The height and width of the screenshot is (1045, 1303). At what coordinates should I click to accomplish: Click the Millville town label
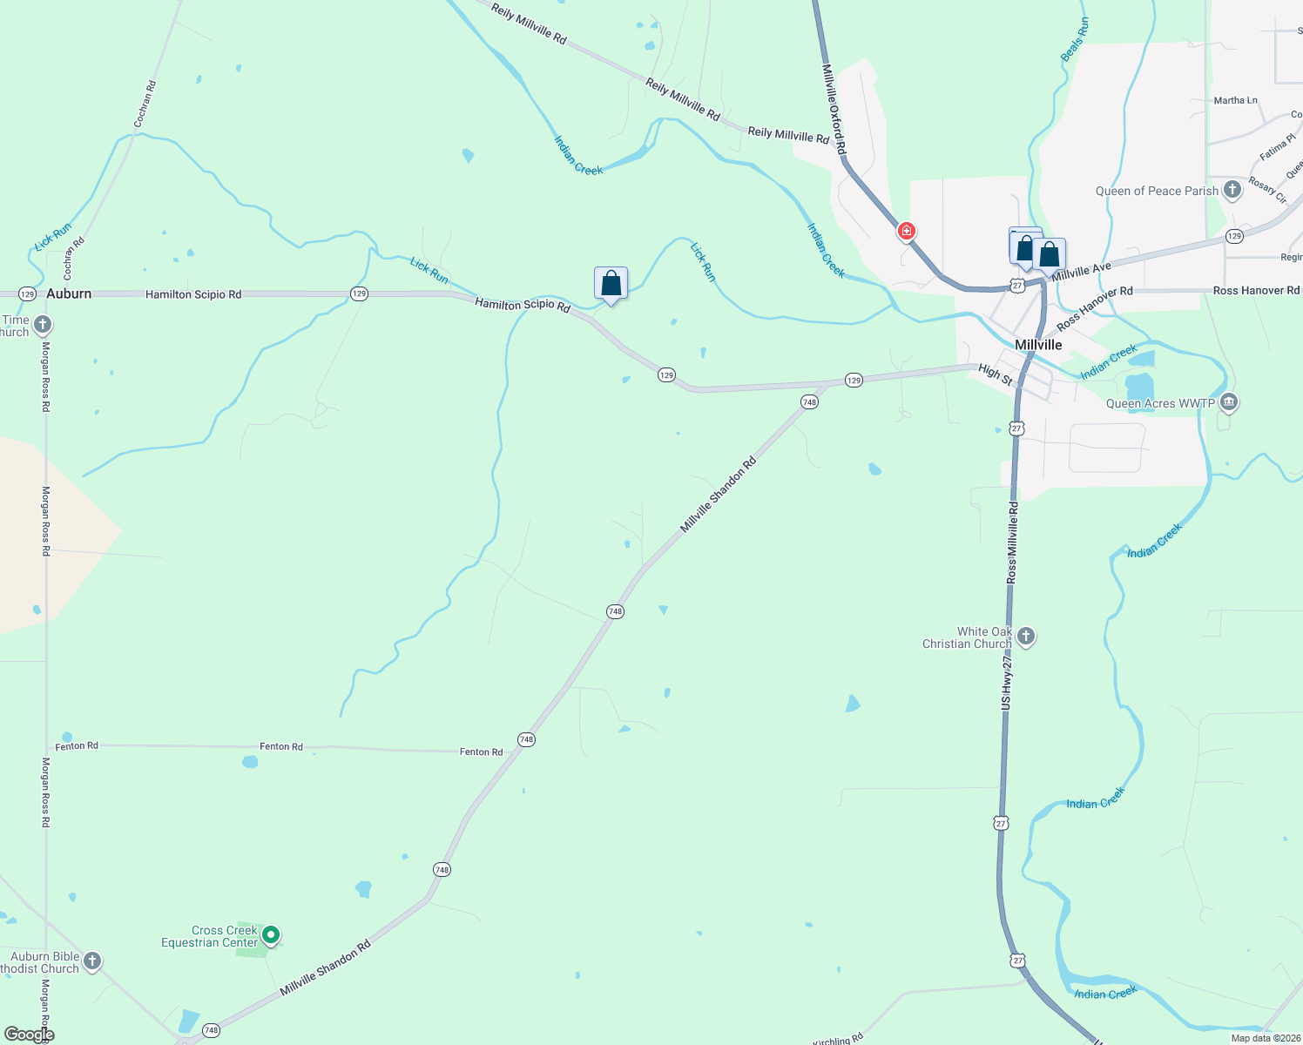1038,345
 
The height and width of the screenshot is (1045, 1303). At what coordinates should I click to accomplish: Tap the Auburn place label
69,293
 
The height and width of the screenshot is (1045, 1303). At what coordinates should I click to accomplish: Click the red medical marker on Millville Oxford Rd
907,231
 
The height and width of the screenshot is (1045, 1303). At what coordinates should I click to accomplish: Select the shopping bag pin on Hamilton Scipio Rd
611,283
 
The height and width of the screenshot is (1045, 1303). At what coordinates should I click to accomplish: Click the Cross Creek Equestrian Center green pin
271,935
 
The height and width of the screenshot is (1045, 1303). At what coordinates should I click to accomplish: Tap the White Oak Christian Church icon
1026,637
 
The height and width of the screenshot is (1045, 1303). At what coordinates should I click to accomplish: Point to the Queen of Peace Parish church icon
1232,190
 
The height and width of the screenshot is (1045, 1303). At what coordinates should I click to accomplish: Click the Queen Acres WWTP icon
1228,402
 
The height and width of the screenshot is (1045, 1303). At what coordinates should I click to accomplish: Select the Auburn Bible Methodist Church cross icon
92,961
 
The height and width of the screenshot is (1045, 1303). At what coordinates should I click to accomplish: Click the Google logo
29,1034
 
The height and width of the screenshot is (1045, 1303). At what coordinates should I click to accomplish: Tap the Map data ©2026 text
1266,1038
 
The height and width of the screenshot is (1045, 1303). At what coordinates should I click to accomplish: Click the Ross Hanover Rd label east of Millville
1256,291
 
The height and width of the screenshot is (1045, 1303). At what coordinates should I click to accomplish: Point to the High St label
996,374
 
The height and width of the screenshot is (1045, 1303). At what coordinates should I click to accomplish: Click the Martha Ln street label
1235,101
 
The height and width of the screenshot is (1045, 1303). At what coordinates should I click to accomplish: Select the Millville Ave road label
1081,271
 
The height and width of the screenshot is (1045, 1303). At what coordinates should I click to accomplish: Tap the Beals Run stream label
1075,39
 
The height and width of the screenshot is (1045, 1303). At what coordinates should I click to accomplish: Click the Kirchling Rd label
837,1039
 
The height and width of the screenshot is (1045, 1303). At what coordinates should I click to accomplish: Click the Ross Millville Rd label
1012,542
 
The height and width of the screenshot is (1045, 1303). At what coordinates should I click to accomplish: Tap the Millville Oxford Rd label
834,110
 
